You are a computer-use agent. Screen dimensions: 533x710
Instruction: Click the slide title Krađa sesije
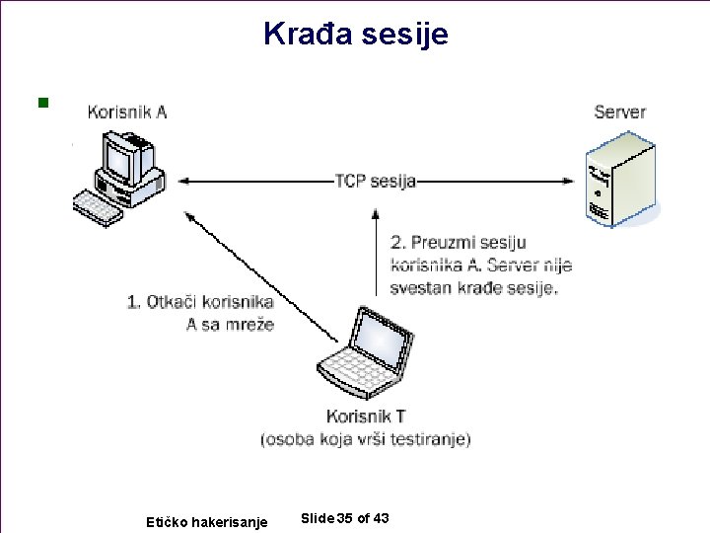355,35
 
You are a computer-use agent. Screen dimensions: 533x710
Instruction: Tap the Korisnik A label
127,112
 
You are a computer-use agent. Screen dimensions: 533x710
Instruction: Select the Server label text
619,112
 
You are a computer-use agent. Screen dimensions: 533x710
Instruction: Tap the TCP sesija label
375,181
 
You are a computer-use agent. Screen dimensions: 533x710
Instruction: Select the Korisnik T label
365,417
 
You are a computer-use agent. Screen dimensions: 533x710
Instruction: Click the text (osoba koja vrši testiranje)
365,438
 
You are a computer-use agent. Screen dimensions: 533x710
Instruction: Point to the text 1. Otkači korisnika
200,302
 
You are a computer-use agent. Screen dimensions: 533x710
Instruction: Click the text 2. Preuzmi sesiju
459,242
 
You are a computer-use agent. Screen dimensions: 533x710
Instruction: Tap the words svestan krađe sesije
473,288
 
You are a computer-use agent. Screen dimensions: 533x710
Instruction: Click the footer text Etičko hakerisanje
206,521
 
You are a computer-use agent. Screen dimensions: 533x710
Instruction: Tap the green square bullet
41,102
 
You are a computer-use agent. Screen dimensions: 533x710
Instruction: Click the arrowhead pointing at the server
569,181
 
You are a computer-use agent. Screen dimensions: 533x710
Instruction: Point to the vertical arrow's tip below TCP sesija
375,210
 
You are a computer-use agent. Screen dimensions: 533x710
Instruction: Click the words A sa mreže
230,324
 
